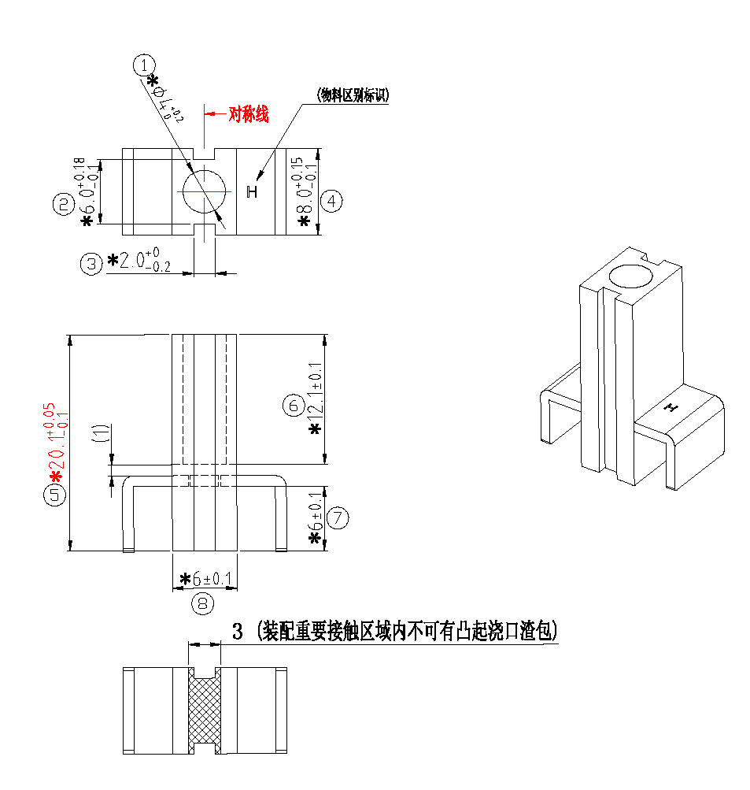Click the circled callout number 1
tap(144, 65)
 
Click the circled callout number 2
tap(63, 205)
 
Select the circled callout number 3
tap(92, 263)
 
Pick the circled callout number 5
tap(57, 495)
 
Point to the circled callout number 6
tap(293, 406)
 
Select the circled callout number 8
tap(203, 603)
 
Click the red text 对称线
tap(248, 115)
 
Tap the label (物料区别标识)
tap(354, 96)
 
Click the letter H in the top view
tap(252, 191)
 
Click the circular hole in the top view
tap(203, 191)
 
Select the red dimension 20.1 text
tap(57, 445)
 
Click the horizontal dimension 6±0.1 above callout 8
tap(206, 580)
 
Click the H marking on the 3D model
tap(671, 407)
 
